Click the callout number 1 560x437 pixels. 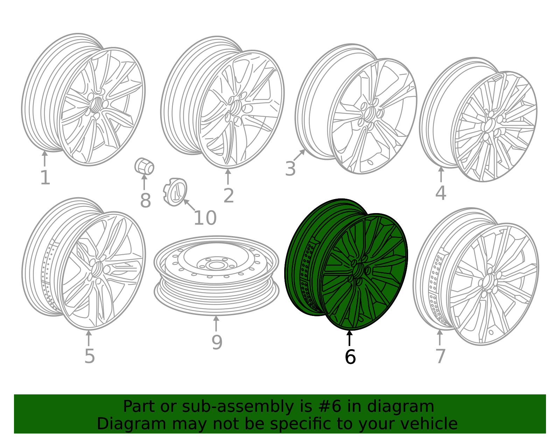point(45,178)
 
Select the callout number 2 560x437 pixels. point(229,196)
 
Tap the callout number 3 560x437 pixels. point(290,169)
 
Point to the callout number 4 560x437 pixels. point(441,193)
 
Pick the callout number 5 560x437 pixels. point(90,357)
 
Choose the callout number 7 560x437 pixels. point(440,357)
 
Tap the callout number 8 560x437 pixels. point(145,200)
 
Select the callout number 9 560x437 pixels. point(217,343)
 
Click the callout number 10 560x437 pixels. point(205,218)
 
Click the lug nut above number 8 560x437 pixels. point(144,166)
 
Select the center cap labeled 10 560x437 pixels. point(175,192)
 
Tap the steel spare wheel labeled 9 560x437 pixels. point(216,276)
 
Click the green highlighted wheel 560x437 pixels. point(346,265)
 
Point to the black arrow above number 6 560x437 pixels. point(349,338)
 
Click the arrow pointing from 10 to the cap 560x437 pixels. point(189,205)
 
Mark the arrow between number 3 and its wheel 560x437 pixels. point(299,155)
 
